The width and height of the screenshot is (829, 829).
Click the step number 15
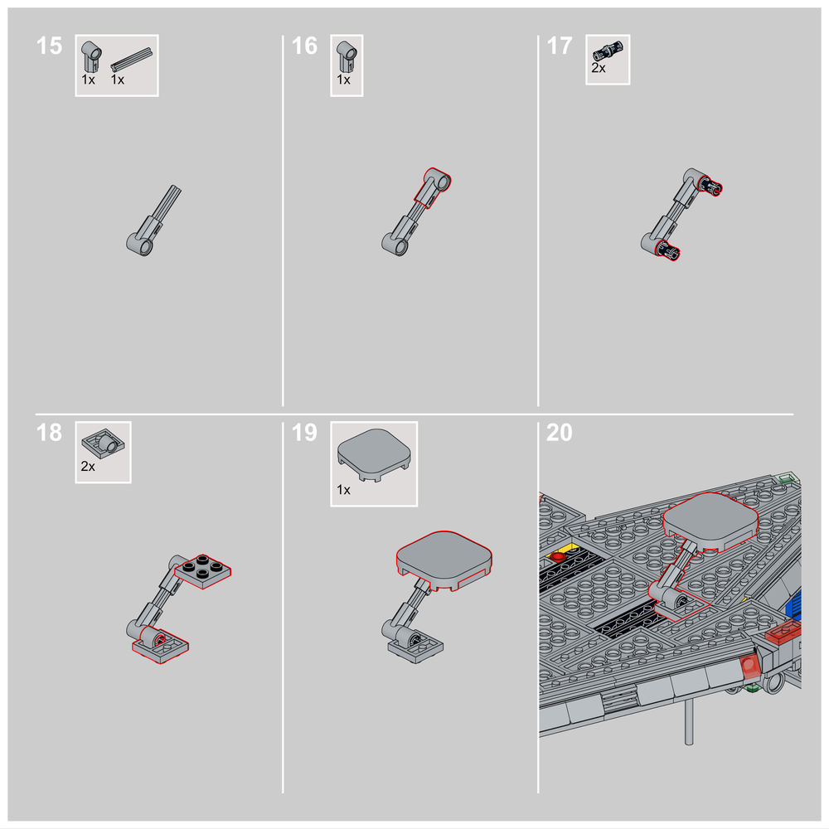(49, 46)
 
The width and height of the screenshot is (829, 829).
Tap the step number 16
(304, 46)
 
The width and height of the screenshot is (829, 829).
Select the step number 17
(560, 46)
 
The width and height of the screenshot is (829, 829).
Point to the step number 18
(49, 433)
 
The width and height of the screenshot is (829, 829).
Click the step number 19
(304, 433)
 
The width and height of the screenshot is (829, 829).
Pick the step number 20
(560, 433)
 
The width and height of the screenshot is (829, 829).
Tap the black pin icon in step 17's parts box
(608, 51)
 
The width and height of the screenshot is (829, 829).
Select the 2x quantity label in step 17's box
(599, 68)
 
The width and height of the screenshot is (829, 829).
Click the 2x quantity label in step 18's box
(88, 466)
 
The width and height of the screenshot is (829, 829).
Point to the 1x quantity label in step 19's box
(344, 490)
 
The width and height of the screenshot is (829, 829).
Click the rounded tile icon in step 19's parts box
(375, 454)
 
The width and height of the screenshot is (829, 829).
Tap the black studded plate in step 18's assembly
(203, 570)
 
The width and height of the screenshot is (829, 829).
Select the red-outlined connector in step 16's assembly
(433, 187)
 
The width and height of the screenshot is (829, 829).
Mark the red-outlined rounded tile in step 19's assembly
(444, 560)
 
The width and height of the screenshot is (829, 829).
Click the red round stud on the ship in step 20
(557, 556)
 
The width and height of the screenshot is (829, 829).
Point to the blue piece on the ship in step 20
(794, 604)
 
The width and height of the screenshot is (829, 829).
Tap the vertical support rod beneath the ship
(688, 722)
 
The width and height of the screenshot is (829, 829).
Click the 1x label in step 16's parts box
(344, 80)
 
